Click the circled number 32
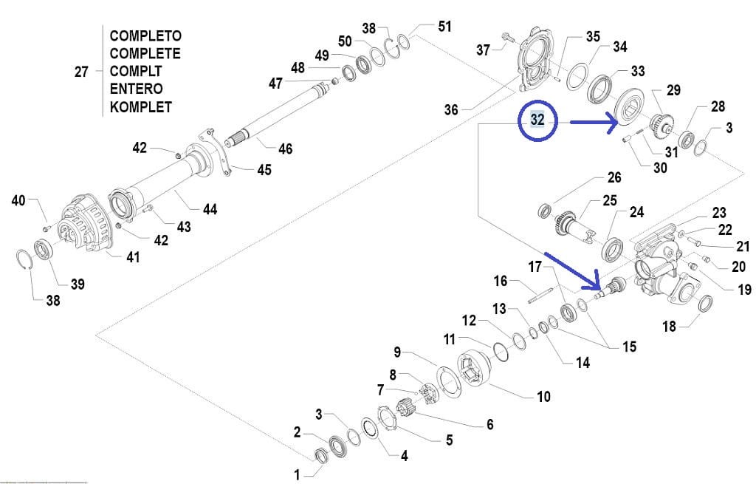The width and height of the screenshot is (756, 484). coord(537,120)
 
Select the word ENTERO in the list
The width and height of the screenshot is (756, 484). coord(137,89)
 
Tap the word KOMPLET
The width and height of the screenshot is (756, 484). coord(141,106)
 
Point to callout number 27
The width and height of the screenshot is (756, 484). coord(82,72)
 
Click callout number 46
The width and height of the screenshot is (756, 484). coord(285,149)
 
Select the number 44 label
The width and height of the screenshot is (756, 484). coord(210,209)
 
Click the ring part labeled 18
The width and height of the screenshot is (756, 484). coord(706,303)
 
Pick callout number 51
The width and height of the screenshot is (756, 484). coord(444,27)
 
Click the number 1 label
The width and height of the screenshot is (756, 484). coord(298,474)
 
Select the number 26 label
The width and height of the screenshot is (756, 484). coord(614,177)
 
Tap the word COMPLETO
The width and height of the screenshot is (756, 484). coord(145,35)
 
